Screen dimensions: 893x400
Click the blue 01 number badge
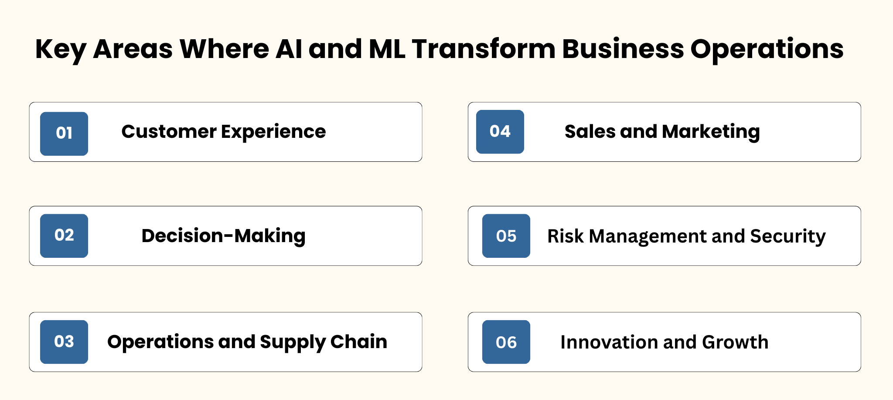(x=64, y=133)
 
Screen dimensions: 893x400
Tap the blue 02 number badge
(x=64, y=236)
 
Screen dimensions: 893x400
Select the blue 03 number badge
(x=64, y=342)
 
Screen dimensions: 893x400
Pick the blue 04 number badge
(x=500, y=132)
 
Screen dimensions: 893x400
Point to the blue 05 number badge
(x=506, y=236)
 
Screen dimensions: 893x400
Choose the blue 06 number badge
(x=506, y=342)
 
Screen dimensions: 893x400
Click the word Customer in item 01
(x=169, y=132)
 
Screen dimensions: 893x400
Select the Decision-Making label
(x=223, y=236)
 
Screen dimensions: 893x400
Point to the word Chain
(x=359, y=342)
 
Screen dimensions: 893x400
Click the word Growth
(x=735, y=342)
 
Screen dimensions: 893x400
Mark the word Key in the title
(x=61, y=50)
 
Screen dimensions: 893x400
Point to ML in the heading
(x=387, y=49)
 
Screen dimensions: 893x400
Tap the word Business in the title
(x=623, y=49)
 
